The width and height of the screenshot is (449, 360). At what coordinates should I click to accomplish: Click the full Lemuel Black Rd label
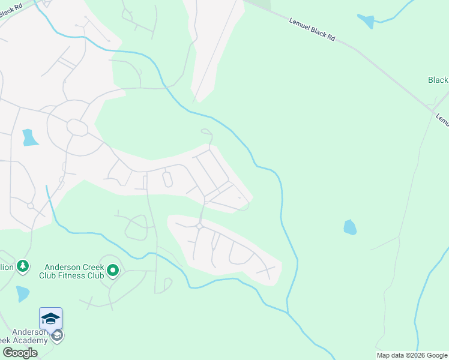click(x=312, y=29)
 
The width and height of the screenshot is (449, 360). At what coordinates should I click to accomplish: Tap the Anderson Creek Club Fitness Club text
click(x=73, y=272)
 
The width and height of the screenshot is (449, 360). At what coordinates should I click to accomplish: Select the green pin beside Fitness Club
click(x=113, y=272)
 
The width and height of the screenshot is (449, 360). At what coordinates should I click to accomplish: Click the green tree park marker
click(x=23, y=266)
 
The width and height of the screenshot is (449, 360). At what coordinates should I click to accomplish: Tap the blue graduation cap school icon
click(x=51, y=318)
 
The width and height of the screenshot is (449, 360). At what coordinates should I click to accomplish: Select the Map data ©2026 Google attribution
click(x=411, y=355)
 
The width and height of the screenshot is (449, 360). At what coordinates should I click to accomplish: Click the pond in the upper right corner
click(x=366, y=21)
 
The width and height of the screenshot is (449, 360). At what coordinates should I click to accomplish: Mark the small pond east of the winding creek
click(x=350, y=227)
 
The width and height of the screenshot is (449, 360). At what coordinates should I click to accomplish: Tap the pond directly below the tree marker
click(x=22, y=293)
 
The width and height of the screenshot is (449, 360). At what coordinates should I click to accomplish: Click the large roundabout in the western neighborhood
click(x=77, y=127)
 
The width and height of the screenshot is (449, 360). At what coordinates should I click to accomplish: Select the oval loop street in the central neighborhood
click(x=167, y=179)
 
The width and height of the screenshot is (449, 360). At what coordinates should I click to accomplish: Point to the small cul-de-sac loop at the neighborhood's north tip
click(x=206, y=131)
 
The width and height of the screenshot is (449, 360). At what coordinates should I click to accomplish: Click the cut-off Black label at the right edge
click(x=438, y=80)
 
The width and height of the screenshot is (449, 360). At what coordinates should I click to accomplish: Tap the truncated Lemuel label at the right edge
click(x=442, y=119)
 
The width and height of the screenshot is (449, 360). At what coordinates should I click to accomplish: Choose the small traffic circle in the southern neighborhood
click(x=199, y=226)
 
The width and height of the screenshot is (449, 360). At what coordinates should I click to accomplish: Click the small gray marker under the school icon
click(x=57, y=335)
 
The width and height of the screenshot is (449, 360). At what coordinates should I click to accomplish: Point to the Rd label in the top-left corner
click(x=7, y=10)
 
